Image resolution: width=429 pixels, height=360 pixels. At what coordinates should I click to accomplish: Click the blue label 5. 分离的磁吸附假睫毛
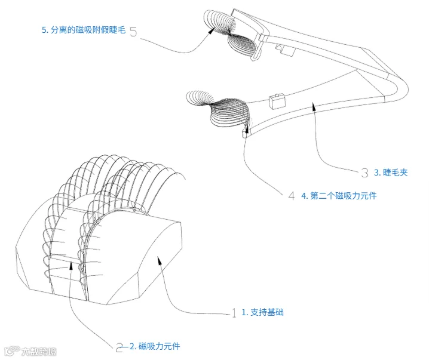tap(84, 30)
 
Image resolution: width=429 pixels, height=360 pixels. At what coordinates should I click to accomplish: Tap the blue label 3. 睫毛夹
tap(391, 173)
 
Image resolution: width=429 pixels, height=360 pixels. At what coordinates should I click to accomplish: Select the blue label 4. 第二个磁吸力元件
tap(339, 196)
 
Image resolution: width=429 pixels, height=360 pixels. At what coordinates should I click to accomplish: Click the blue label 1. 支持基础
tap(262, 312)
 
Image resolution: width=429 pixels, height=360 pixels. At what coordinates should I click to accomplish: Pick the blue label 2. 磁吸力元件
tap(155, 346)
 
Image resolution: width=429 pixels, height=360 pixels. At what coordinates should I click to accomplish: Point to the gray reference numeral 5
tap(133, 32)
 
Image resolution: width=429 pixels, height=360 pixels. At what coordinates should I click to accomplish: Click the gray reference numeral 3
tap(364, 173)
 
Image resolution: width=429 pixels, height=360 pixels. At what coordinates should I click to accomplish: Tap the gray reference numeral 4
tap(292, 196)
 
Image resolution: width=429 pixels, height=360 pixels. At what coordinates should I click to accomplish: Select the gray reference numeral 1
tap(234, 313)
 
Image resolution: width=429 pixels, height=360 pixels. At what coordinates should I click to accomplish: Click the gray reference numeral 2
tap(119, 347)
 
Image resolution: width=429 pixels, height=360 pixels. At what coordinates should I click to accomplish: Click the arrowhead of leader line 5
tap(212, 30)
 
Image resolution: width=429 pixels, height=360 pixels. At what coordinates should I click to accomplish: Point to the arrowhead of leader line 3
tap(314, 106)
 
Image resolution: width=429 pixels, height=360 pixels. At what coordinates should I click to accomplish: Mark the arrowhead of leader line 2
tap(71, 266)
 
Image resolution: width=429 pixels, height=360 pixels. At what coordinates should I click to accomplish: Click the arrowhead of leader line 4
tap(247, 130)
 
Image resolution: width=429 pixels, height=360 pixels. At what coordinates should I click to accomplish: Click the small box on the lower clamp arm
tap(277, 101)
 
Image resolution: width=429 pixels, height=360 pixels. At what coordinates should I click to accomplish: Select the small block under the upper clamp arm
tap(285, 50)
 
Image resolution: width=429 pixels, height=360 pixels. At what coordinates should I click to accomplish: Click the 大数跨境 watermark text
tap(39, 351)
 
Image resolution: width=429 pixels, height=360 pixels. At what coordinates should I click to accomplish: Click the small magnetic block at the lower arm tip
tap(246, 134)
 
